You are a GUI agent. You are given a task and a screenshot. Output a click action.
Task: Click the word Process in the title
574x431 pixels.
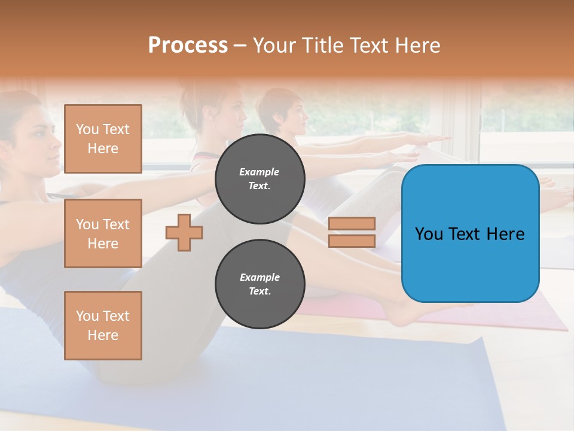pyautogui.click(x=188, y=45)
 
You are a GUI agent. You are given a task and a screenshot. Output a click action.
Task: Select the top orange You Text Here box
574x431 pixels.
pyautogui.click(x=103, y=139)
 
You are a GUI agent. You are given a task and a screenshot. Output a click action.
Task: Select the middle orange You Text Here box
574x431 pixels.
pyautogui.click(x=103, y=233)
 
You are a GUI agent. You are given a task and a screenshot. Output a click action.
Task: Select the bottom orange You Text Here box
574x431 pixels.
pyautogui.click(x=103, y=325)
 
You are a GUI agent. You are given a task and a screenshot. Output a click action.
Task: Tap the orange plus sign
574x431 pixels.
pyautogui.click(x=184, y=232)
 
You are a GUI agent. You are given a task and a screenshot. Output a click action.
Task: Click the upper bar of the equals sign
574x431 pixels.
pyautogui.click(x=352, y=223)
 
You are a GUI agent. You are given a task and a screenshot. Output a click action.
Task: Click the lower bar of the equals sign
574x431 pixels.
pyautogui.click(x=352, y=241)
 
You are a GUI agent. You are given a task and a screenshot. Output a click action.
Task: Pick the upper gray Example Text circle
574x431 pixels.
pyautogui.click(x=260, y=178)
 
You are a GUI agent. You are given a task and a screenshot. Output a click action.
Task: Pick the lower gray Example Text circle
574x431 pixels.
pyautogui.click(x=260, y=284)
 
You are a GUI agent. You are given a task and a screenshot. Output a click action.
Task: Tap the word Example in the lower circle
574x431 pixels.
pyautogui.click(x=259, y=277)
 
